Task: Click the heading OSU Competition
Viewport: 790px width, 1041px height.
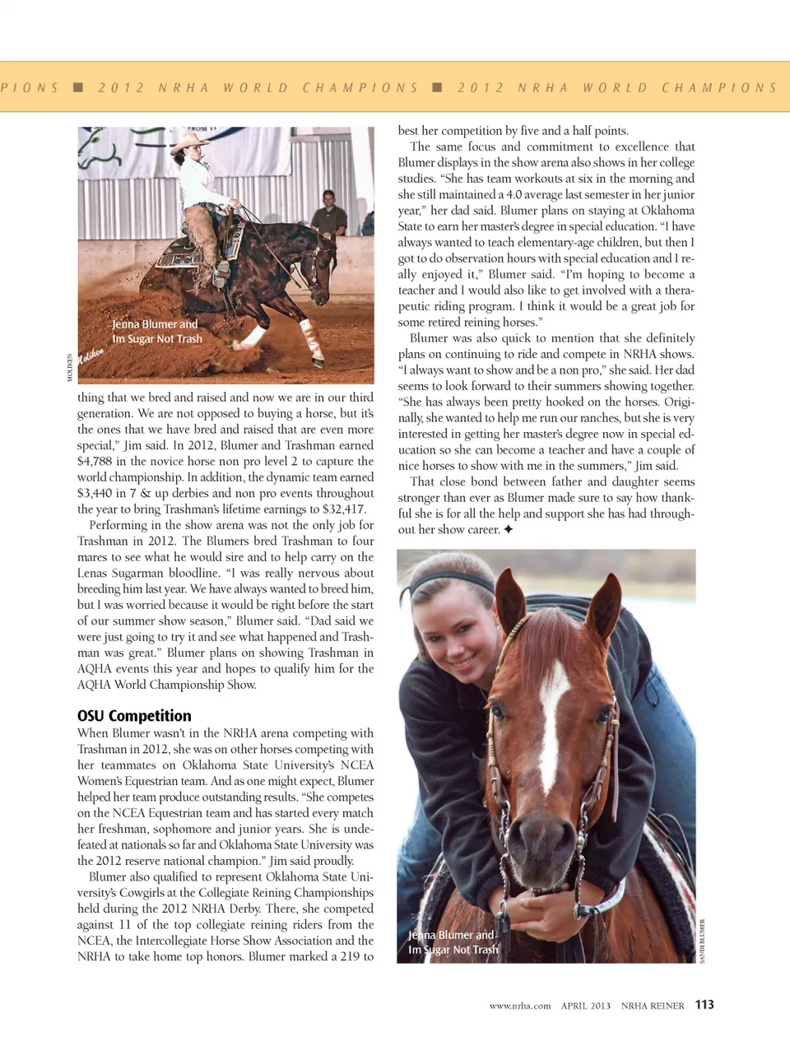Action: (134, 716)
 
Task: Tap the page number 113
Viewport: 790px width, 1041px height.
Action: (704, 1004)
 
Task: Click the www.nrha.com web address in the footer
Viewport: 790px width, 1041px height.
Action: (519, 1006)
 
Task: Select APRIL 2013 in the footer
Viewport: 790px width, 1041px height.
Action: (586, 1006)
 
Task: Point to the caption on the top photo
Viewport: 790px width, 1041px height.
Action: (156, 332)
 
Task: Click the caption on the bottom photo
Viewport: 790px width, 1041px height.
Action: (453, 942)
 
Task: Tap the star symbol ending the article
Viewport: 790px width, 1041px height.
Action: (509, 530)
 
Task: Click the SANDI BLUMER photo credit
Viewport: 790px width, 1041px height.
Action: (702, 941)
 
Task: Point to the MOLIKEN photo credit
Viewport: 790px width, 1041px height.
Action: (70, 367)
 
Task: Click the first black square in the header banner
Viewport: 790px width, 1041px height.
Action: (78, 87)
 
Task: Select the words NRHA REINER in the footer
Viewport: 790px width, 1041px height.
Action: (653, 1006)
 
